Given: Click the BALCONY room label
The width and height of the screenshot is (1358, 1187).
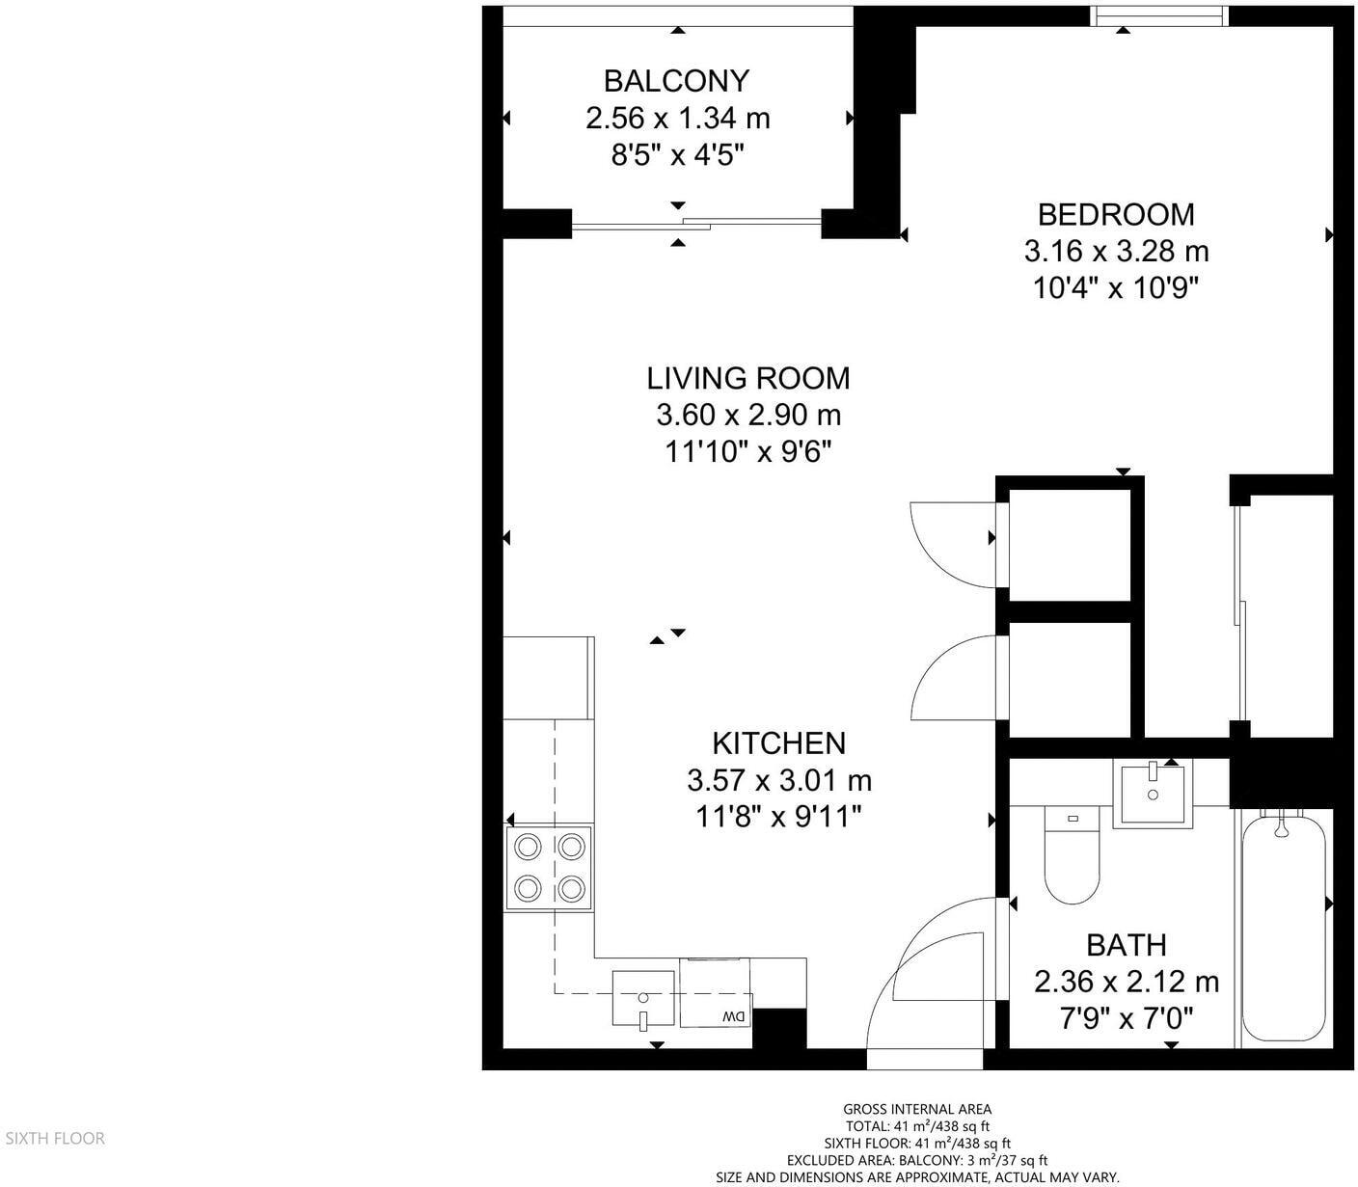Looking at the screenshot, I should click(x=676, y=80).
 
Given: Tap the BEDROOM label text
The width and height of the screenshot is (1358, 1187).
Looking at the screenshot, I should click(x=1116, y=213).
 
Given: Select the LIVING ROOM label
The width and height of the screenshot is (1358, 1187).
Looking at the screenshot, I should click(x=748, y=378).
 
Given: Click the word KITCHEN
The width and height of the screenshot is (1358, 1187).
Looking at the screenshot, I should click(x=778, y=742).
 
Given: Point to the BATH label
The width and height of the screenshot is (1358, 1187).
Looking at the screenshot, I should click(x=1127, y=944).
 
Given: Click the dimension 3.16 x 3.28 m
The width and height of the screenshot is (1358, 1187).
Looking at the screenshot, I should click(x=1116, y=252).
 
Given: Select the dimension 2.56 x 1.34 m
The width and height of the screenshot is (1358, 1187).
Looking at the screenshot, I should click(x=677, y=119).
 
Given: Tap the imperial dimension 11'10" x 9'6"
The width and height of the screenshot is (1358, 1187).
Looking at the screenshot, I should click(x=748, y=451).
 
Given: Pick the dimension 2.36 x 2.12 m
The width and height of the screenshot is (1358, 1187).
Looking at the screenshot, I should click(x=1127, y=982).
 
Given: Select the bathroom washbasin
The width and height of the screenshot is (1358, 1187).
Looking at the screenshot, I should click(x=1153, y=793).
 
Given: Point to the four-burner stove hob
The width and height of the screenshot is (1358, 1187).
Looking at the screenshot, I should click(x=550, y=867).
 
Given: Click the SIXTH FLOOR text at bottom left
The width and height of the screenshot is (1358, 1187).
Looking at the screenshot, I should click(x=55, y=1139).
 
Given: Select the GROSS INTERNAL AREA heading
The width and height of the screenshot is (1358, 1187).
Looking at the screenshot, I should click(x=916, y=1109).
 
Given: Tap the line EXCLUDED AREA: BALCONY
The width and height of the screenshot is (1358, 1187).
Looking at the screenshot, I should click(x=916, y=1160).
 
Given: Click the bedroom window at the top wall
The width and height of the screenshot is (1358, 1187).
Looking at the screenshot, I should click(x=1157, y=15).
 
